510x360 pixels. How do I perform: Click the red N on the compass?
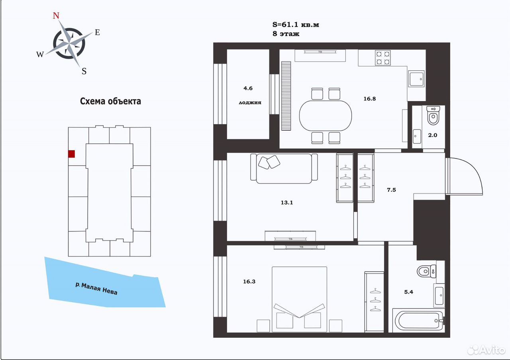56,16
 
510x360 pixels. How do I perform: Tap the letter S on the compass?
84,71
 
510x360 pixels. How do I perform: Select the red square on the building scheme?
71,154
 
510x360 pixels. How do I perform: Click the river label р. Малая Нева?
96,289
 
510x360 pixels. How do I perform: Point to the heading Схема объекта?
110,101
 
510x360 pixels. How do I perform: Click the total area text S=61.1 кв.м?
296,25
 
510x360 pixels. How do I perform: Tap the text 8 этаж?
286,34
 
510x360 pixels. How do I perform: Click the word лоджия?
250,103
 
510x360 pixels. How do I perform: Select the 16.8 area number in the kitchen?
369,99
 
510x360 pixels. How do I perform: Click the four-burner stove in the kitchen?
383,58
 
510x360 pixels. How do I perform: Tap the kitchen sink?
416,79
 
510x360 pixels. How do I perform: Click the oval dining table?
326,116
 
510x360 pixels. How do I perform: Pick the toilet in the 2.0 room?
433,115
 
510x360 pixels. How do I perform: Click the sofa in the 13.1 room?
284,168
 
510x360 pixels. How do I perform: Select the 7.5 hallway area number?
391,190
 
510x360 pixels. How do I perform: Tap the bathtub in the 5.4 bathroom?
418,321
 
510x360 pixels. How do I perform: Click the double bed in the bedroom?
299,299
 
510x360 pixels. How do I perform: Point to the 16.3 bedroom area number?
249,282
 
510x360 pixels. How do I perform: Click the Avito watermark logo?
486,350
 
